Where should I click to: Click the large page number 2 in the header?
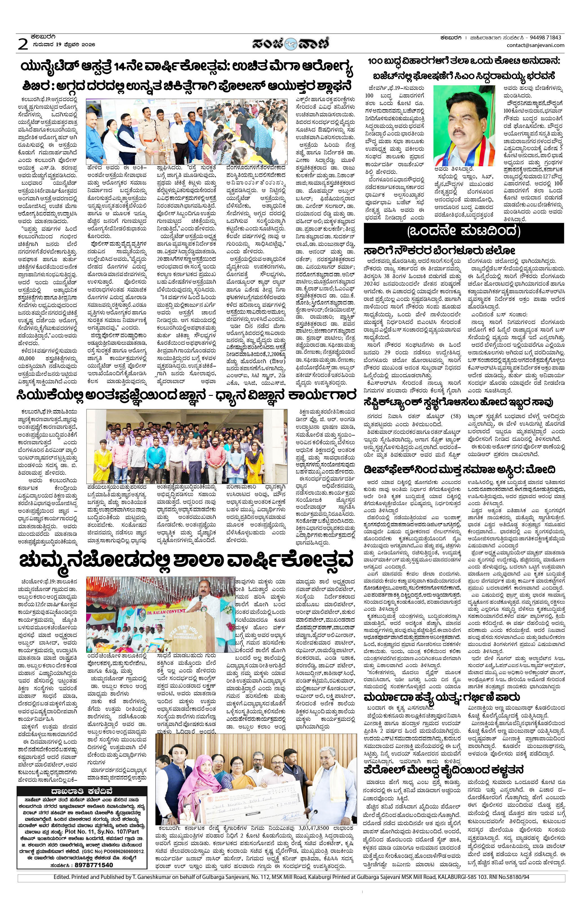(x=23, y=45)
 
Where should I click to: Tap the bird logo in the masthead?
(x=291, y=44)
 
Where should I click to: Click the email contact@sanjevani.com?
(x=535, y=45)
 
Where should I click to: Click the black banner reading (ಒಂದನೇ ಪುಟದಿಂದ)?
(x=463, y=231)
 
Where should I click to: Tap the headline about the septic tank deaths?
(x=458, y=402)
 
